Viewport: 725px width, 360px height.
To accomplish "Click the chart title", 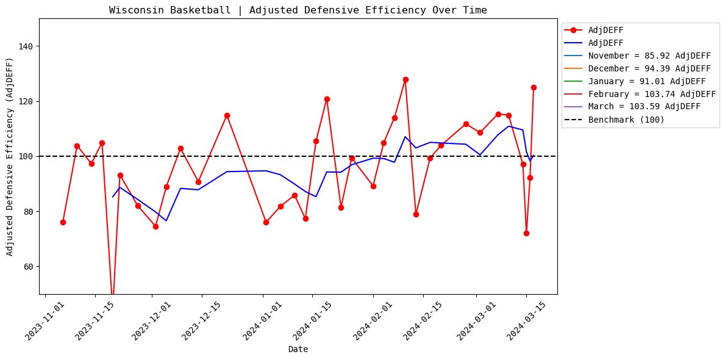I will point(298,10).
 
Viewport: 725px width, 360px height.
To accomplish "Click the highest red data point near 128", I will point(405,79).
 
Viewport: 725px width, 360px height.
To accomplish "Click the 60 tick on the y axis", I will point(28,267).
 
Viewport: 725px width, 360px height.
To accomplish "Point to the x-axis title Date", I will point(298,350).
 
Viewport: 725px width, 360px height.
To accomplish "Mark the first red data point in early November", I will point(63,222).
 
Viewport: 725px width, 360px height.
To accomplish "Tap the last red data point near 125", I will point(534,87).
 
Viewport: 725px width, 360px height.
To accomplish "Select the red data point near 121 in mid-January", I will point(327,99).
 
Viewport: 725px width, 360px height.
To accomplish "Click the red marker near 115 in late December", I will point(227,115).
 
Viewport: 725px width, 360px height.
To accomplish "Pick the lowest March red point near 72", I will point(526,233).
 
